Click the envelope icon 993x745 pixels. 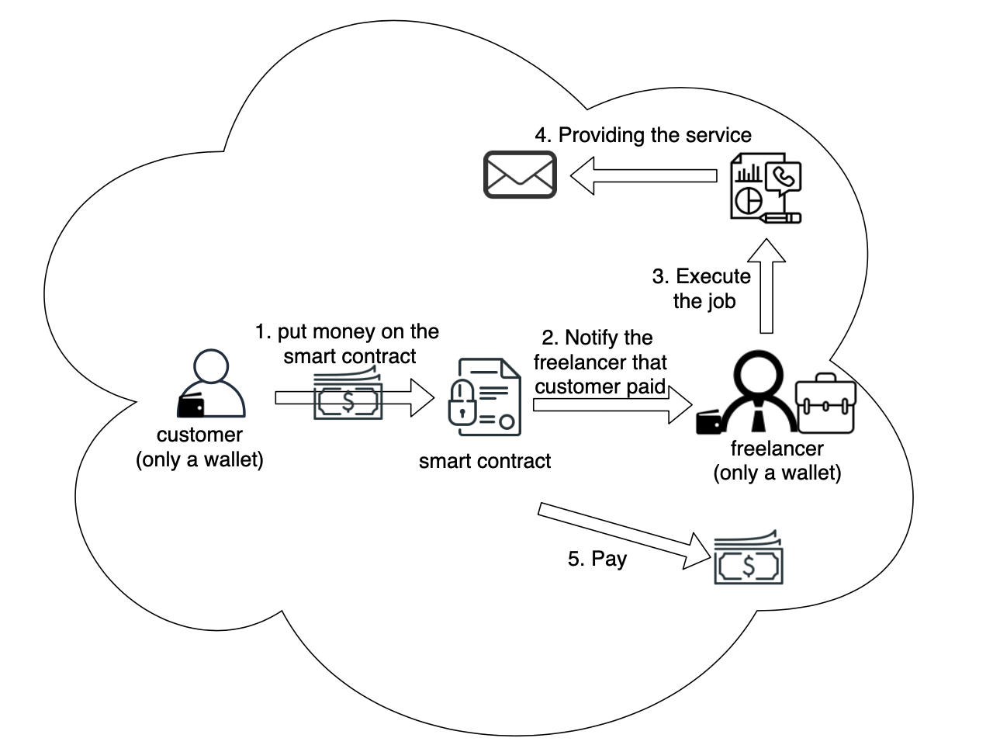(x=520, y=175)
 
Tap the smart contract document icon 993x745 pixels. (x=485, y=397)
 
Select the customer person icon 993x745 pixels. (x=212, y=384)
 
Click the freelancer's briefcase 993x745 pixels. (x=826, y=404)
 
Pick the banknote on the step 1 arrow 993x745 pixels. (x=348, y=396)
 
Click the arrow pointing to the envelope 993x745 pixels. (x=644, y=175)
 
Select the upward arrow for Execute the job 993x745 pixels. (x=766, y=287)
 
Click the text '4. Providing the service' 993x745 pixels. (x=643, y=135)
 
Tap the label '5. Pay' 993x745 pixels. (x=597, y=559)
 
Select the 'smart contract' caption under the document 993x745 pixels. (x=485, y=461)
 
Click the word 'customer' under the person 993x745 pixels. (x=199, y=435)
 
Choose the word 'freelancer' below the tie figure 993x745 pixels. (x=777, y=449)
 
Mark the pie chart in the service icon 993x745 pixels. (x=748, y=199)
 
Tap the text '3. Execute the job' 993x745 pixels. (x=703, y=289)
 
